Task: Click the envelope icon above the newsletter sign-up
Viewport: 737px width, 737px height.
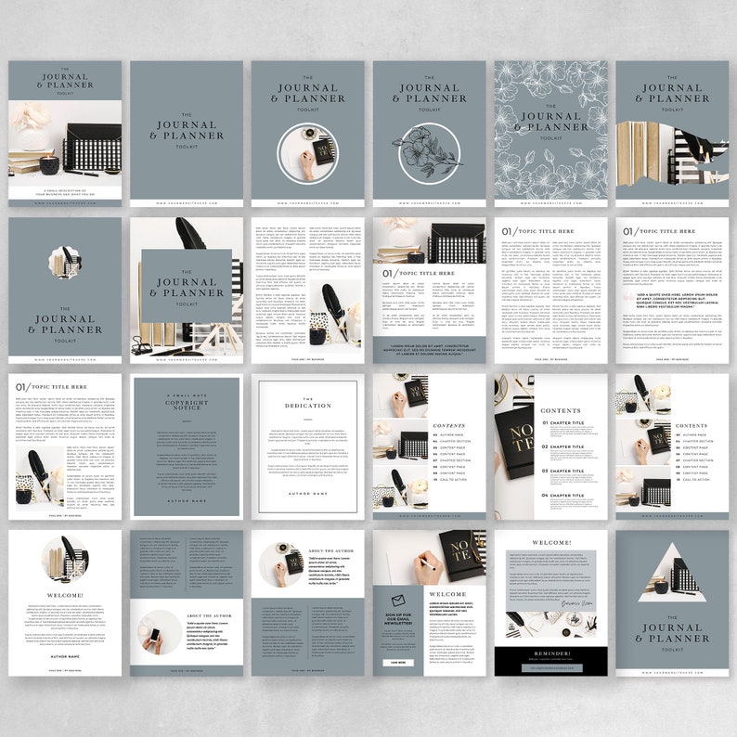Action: tap(397, 600)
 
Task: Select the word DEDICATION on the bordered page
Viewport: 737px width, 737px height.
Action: tap(307, 407)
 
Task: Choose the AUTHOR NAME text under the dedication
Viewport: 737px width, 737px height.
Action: tap(307, 493)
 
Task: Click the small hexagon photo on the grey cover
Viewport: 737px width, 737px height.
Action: tap(65, 263)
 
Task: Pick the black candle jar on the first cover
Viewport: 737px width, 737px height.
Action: tap(49, 164)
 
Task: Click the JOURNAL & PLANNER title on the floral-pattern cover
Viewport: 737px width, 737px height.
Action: tap(551, 122)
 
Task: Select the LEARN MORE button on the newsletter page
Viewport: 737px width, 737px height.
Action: tap(397, 663)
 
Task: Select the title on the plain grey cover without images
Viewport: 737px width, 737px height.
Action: tap(187, 131)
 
